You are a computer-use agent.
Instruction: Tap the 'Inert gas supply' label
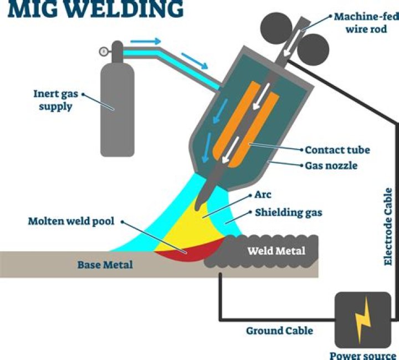tap(55, 99)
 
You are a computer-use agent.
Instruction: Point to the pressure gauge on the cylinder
tap(103, 52)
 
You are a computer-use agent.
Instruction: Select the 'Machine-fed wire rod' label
tap(365, 22)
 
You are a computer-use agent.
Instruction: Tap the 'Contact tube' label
tap(337, 150)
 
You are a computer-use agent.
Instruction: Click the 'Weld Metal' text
tap(275, 251)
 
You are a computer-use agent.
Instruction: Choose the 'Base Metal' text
tap(105, 265)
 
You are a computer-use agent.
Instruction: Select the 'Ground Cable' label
tap(279, 331)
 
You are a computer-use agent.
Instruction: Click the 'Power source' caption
tap(363, 355)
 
